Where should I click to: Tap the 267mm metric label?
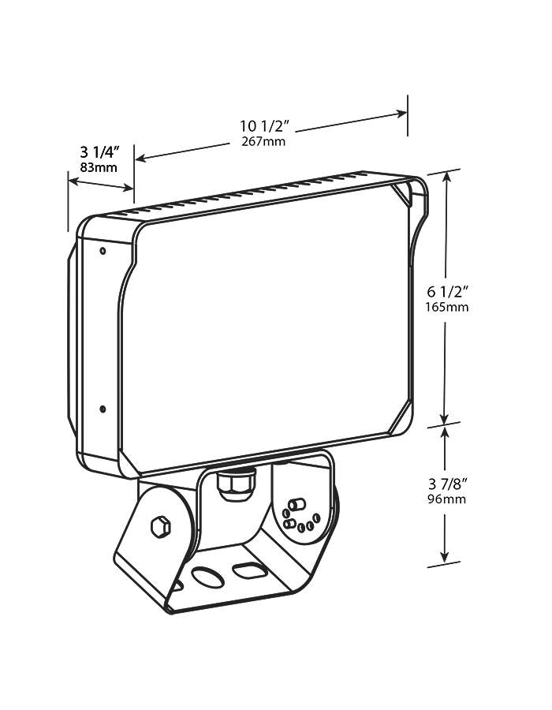coord(263,142)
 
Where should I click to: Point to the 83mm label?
coord(99,167)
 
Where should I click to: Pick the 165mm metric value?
coord(446,307)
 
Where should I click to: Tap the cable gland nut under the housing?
coord(236,483)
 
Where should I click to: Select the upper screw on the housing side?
coord(103,252)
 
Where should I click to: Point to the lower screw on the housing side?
coord(103,409)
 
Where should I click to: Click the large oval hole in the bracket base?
coord(207,577)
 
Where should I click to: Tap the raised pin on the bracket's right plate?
coord(297,505)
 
